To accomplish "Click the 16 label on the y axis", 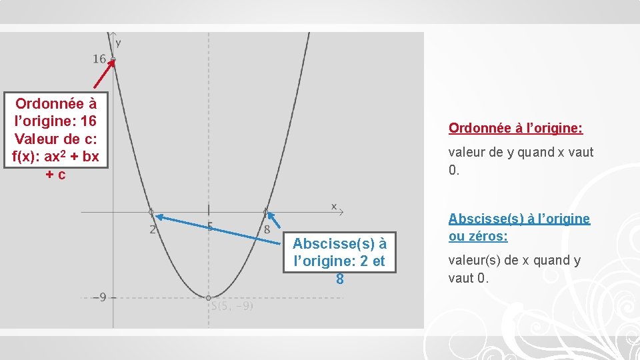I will pyautogui.click(x=99, y=59).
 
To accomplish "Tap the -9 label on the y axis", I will pyautogui.click(x=98, y=297).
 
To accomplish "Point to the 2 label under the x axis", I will pyautogui.click(x=153, y=229).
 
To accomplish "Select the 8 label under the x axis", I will pyautogui.click(x=267, y=229).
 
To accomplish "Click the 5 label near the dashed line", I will pyautogui.click(x=210, y=227).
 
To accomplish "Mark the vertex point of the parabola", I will pyautogui.click(x=209, y=297).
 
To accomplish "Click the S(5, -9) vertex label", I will pyautogui.click(x=231, y=307).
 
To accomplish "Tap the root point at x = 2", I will pyautogui.click(x=151, y=213).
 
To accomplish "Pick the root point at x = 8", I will pyautogui.click(x=265, y=213).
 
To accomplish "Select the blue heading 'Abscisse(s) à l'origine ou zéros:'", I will pyautogui.click(x=519, y=227).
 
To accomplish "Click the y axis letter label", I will pyautogui.click(x=118, y=43).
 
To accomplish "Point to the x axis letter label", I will pyautogui.click(x=334, y=206).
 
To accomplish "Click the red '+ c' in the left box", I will pyautogui.click(x=55, y=175).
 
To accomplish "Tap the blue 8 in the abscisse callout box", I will pyautogui.click(x=339, y=279).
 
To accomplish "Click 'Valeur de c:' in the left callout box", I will pyautogui.click(x=56, y=139).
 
